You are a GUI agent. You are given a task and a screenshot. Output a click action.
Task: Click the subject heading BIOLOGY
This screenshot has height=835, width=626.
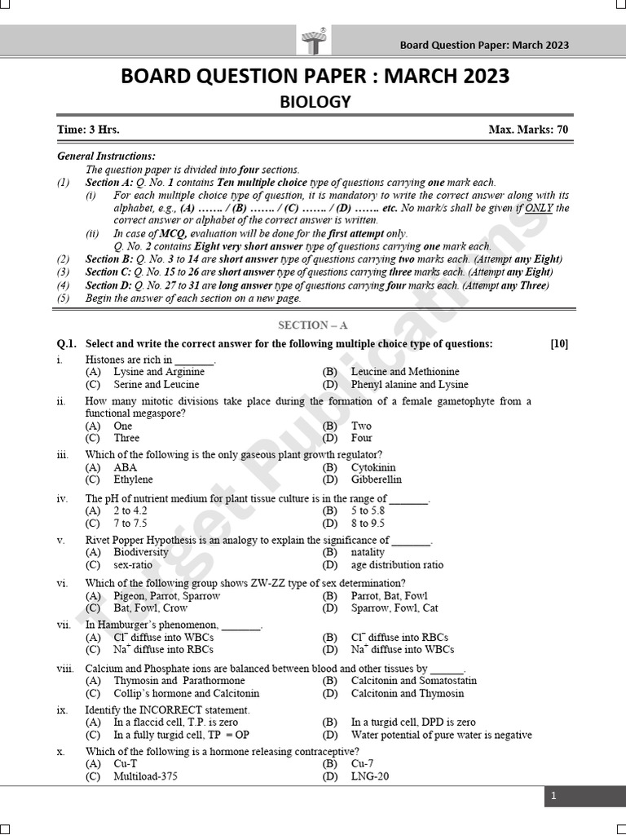315,102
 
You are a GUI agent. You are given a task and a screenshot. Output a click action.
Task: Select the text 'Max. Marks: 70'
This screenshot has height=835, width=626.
528,130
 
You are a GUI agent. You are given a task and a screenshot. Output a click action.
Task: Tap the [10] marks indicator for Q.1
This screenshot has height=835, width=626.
559,344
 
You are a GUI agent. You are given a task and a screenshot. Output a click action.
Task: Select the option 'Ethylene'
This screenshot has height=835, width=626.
133,479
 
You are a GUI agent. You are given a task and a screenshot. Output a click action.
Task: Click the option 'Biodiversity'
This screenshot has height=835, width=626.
141,552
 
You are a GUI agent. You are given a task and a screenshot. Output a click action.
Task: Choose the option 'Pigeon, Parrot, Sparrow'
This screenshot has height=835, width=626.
167,595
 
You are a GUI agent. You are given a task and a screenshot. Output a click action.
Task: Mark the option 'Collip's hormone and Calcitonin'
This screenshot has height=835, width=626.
186,693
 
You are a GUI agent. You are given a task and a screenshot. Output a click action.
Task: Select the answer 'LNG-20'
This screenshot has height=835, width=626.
370,776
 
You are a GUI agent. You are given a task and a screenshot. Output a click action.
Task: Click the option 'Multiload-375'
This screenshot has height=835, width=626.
145,776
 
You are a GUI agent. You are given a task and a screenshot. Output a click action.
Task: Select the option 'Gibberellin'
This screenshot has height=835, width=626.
376,479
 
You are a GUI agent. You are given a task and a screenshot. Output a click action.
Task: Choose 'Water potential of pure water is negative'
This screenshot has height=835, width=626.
441,735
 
